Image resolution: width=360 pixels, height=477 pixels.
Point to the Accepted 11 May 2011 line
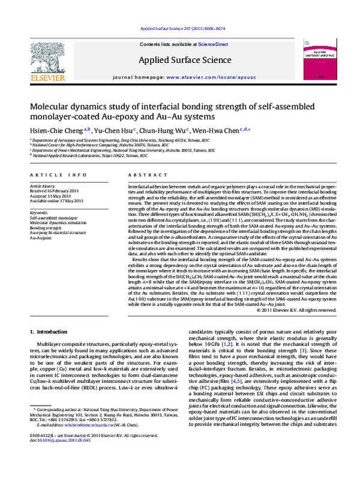tap(52, 196)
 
